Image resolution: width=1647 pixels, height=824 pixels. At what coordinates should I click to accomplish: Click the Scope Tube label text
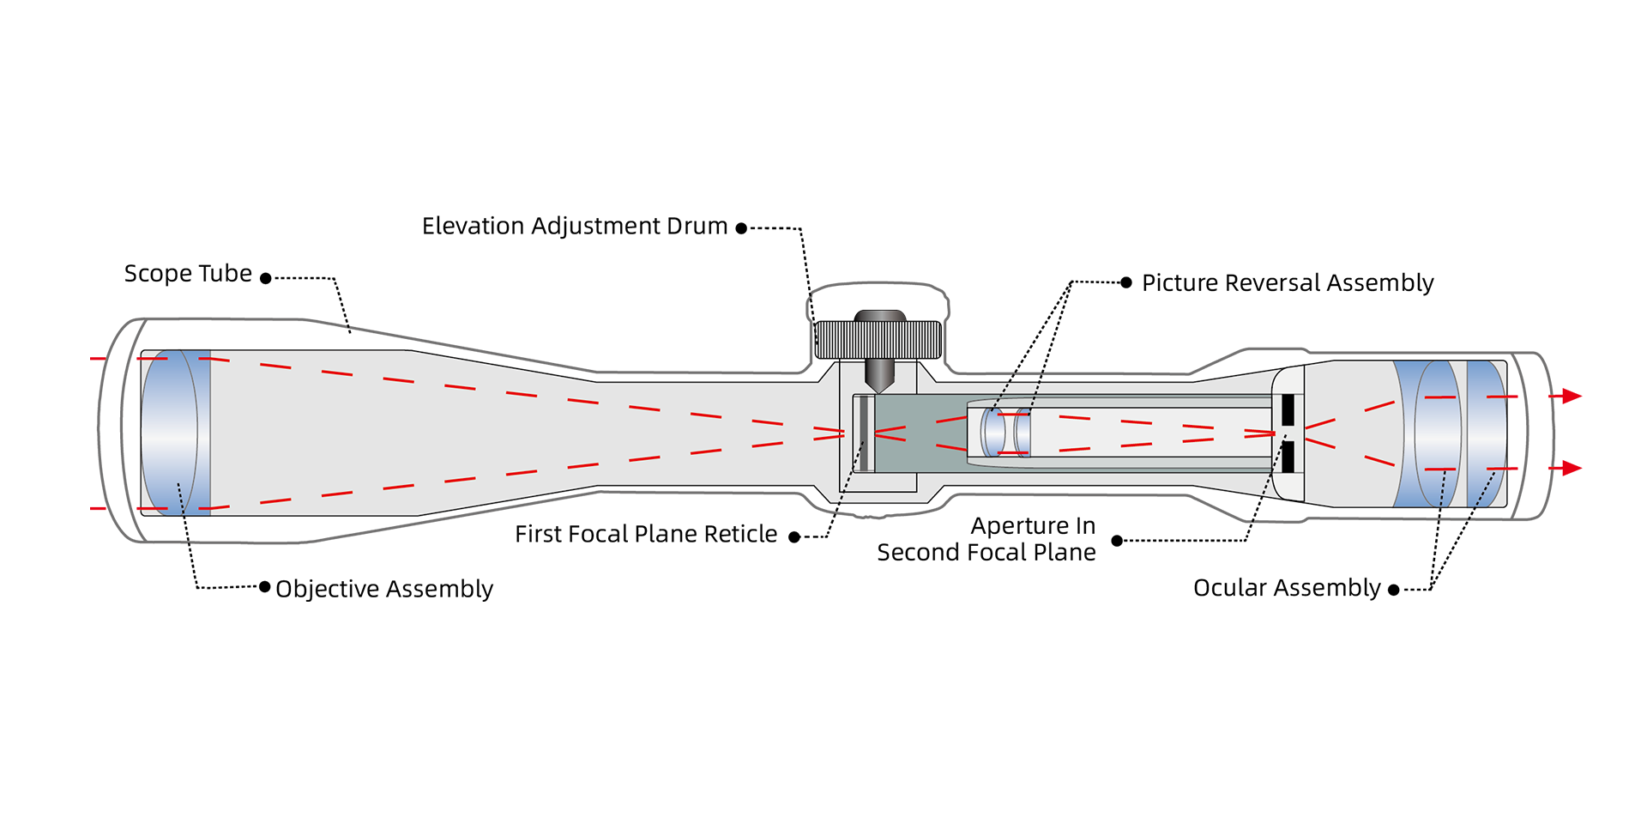[188, 274]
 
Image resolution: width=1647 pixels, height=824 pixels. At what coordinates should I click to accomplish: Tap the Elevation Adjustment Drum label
[574, 227]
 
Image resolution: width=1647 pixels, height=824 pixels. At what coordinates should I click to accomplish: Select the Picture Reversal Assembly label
[1287, 283]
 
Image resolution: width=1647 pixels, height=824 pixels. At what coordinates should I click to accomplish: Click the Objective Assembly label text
[383, 589]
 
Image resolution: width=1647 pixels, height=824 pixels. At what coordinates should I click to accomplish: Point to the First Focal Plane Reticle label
[645, 535]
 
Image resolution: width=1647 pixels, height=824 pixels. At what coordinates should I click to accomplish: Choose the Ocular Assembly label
[1286, 588]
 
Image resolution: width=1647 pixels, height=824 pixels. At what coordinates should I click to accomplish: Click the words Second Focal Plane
[986, 553]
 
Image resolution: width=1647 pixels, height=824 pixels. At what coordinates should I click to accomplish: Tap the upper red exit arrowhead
[1572, 396]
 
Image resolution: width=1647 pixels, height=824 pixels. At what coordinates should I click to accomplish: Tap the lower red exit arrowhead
[1572, 468]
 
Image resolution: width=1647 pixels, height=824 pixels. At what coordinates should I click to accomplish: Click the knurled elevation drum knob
[878, 340]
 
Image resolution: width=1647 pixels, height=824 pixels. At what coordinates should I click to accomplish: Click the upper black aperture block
[1288, 409]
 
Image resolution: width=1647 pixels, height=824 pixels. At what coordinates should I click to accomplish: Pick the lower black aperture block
[1288, 457]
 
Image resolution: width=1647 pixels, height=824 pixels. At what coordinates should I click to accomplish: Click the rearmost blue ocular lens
[1486, 433]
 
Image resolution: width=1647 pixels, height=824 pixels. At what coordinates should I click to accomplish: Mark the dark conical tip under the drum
[879, 374]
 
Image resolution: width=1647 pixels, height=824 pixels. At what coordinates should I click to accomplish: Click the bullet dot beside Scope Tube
[266, 278]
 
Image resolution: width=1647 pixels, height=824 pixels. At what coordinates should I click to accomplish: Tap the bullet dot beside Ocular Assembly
[1393, 590]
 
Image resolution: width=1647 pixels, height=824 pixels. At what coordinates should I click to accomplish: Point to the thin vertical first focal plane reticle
[865, 433]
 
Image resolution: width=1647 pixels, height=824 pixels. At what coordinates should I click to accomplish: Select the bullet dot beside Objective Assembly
[265, 587]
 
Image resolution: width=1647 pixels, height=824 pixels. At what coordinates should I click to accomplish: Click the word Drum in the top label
[698, 227]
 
